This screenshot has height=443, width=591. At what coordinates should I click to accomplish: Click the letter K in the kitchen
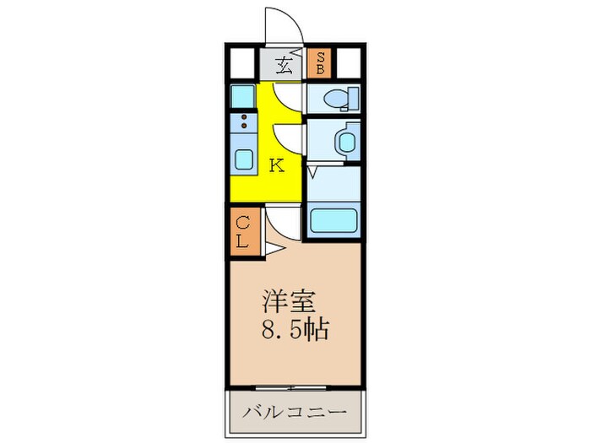pyautogui.click(x=275, y=165)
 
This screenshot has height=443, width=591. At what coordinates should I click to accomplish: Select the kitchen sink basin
pyautogui.click(x=243, y=159)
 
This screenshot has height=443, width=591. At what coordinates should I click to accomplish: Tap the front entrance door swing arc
pyautogui.click(x=284, y=24)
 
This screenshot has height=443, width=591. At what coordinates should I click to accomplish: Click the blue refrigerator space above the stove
pyautogui.click(x=242, y=95)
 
